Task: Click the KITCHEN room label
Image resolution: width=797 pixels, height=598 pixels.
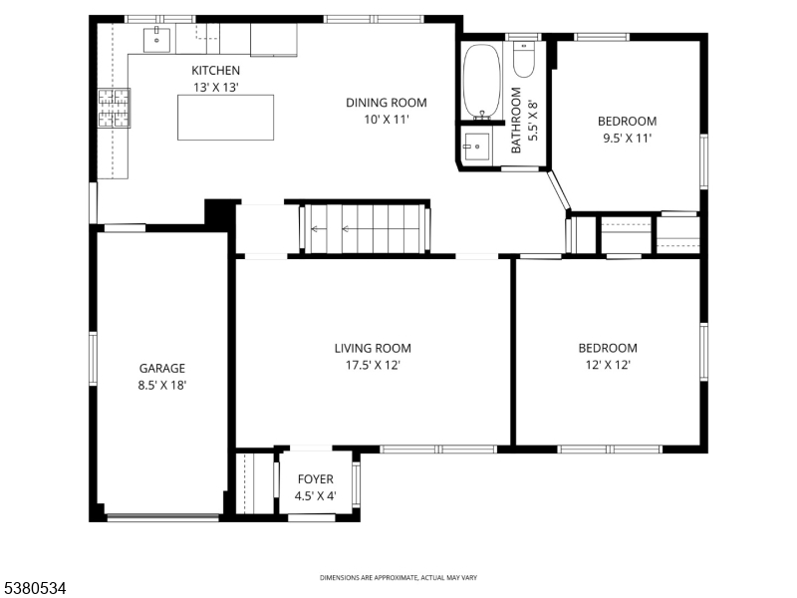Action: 215,70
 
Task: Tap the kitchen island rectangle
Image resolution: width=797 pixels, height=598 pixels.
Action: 225,117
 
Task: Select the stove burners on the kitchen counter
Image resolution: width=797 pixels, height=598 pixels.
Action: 114,108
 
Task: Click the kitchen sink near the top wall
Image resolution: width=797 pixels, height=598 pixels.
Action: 157,40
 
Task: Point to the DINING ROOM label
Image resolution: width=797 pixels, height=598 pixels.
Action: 387,102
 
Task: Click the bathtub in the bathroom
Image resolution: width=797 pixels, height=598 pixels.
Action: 483,81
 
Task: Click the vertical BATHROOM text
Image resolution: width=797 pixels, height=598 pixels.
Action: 516,121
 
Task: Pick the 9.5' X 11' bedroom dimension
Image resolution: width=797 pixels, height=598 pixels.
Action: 627,139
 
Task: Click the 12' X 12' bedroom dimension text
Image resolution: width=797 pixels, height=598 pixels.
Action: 607,365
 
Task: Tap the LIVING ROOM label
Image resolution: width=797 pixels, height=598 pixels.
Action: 373,348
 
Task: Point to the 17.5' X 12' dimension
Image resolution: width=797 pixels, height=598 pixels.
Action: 373,365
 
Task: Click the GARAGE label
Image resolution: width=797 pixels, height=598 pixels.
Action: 161,368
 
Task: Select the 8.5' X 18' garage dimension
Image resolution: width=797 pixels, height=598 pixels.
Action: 161,385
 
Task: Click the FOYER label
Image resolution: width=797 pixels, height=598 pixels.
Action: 315,479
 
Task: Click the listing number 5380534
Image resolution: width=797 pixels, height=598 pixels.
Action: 34,588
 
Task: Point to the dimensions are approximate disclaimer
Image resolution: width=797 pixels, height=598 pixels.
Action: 398,578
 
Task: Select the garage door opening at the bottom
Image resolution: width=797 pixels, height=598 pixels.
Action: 160,516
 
